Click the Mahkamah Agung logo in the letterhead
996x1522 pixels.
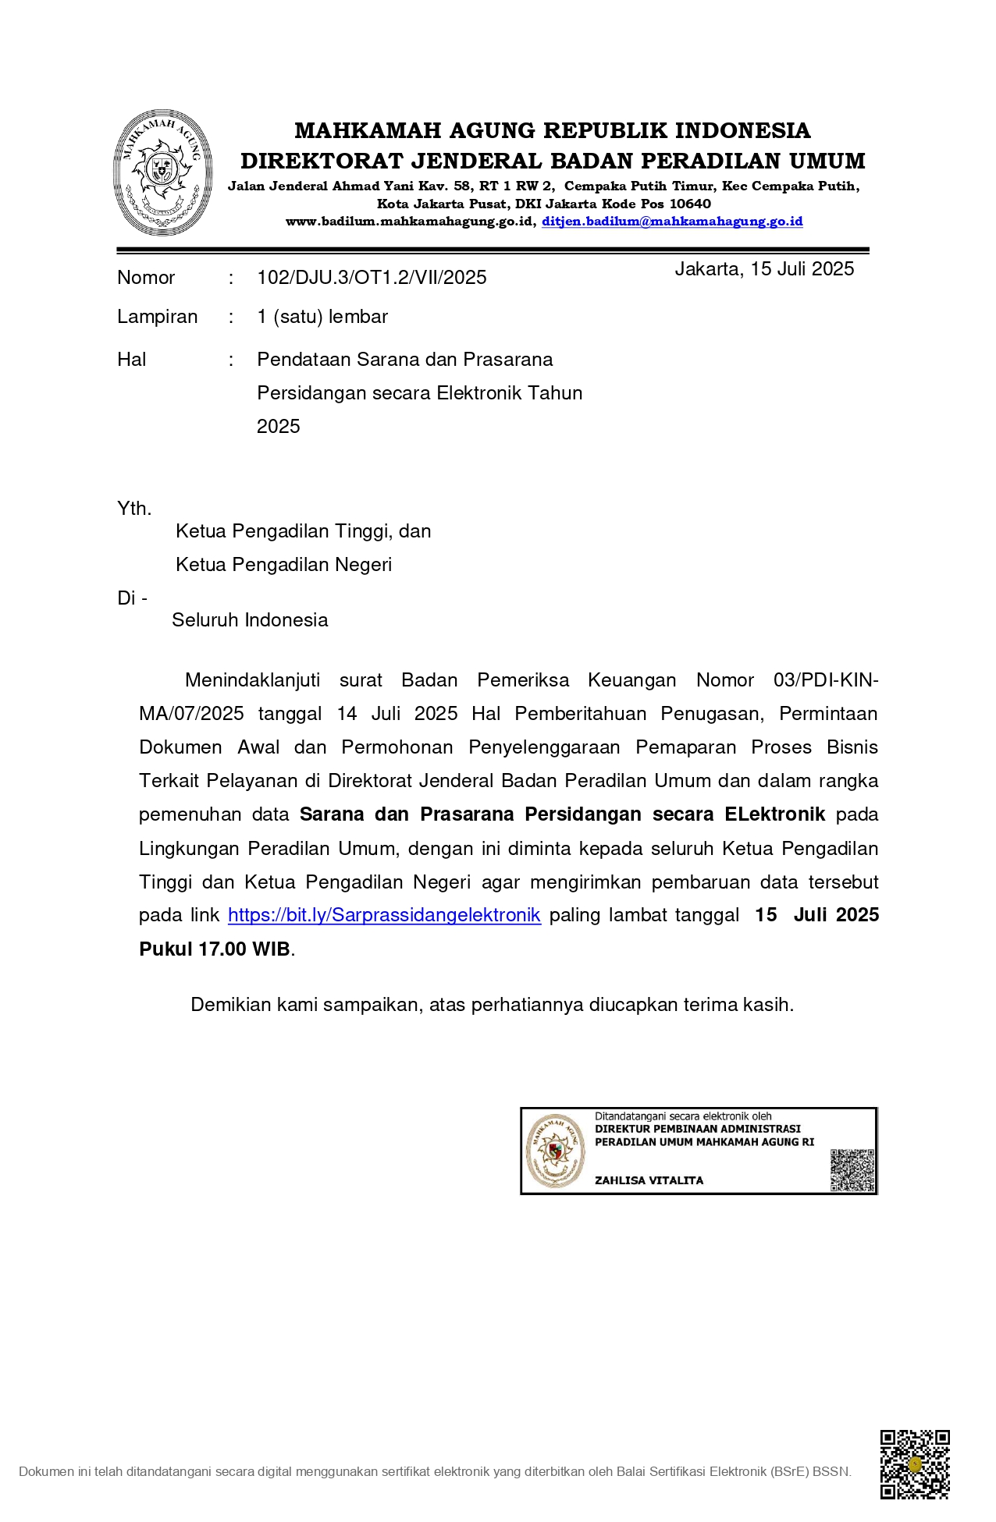coord(162,172)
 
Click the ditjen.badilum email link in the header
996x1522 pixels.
coord(671,222)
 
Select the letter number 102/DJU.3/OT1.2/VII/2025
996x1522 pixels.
coord(372,278)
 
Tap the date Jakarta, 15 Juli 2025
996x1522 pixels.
coord(763,269)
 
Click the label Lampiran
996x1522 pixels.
coord(157,317)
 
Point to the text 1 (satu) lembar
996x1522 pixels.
coord(322,317)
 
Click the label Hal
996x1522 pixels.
coord(132,360)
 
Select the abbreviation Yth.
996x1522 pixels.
coord(133,509)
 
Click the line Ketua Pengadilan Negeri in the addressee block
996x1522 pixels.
coord(283,565)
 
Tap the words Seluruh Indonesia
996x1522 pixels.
coord(250,620)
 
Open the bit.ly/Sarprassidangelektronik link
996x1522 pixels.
coord(384,915)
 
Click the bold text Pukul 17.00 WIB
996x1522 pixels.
coord(215,949)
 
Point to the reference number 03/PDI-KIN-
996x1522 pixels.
coord(825,680)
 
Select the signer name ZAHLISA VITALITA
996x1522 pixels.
coord(649,1180)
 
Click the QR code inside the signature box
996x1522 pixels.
coord(852,1169)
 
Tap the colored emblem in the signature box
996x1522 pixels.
coord(554,1151)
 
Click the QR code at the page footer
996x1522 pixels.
coord(914,1464)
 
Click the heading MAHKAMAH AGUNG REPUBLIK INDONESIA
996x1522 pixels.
coord(552,130)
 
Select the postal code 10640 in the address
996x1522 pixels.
coord(690,204)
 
